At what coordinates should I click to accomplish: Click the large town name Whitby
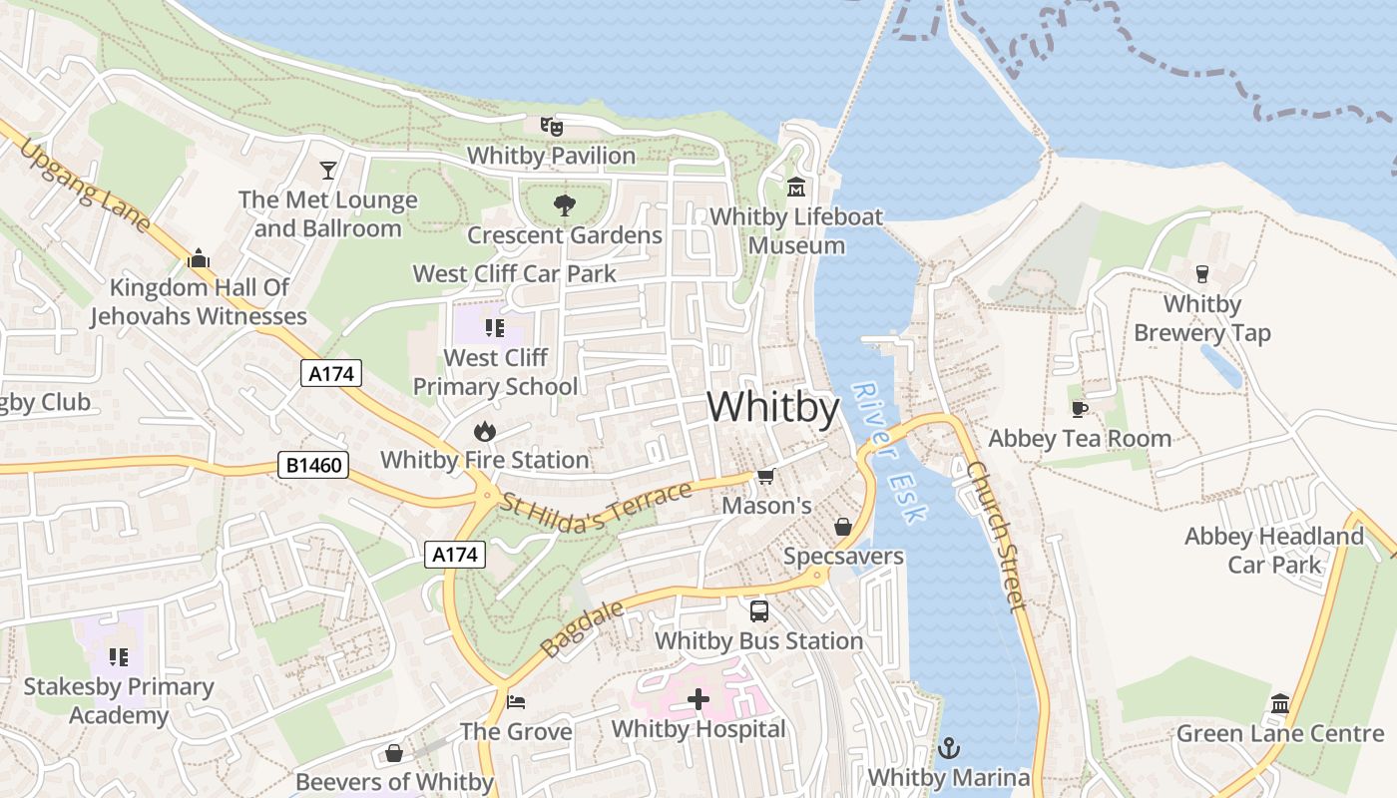click(x=773, y=407)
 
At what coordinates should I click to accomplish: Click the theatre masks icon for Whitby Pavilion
click(x=552, y=127)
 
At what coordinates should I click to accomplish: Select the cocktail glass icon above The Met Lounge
click(x=328, y=171)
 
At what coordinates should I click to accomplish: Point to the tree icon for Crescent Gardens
click(x=564, y=205)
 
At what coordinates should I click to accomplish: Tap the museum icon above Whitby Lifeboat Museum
click(x=796, y=187)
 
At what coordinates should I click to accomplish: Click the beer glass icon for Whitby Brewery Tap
click(x=1201, y=273)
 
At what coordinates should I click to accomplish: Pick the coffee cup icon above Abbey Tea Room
click(x=1079, y=409)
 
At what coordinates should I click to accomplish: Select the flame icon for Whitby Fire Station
click(x=485, y=431)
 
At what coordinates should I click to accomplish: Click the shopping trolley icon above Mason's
click(x=765, y=476)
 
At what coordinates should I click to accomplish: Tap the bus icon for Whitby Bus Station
click(x=759, y=610)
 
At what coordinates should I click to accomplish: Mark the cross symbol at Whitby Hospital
click(x=698, y=699)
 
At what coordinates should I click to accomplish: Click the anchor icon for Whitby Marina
click(x=949, y=747)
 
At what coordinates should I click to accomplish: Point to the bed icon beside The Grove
click(x=516, y=702)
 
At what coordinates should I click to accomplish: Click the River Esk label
click(x=891, y=452)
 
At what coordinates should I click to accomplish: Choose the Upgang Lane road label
click(x=85, y=188)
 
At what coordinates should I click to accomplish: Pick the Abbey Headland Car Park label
click(x=1273, y=550)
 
